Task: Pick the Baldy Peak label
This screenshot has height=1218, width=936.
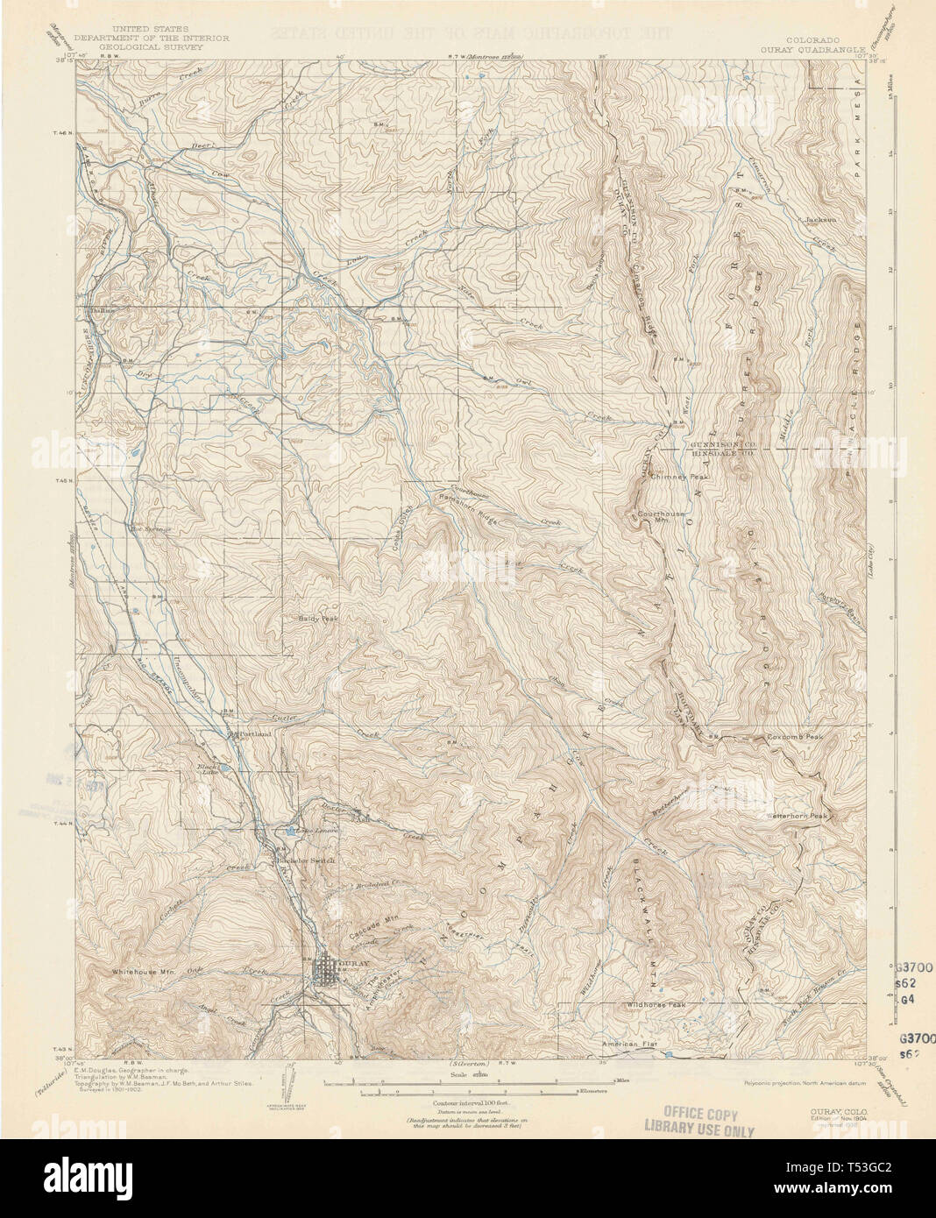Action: click(316, 618)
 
